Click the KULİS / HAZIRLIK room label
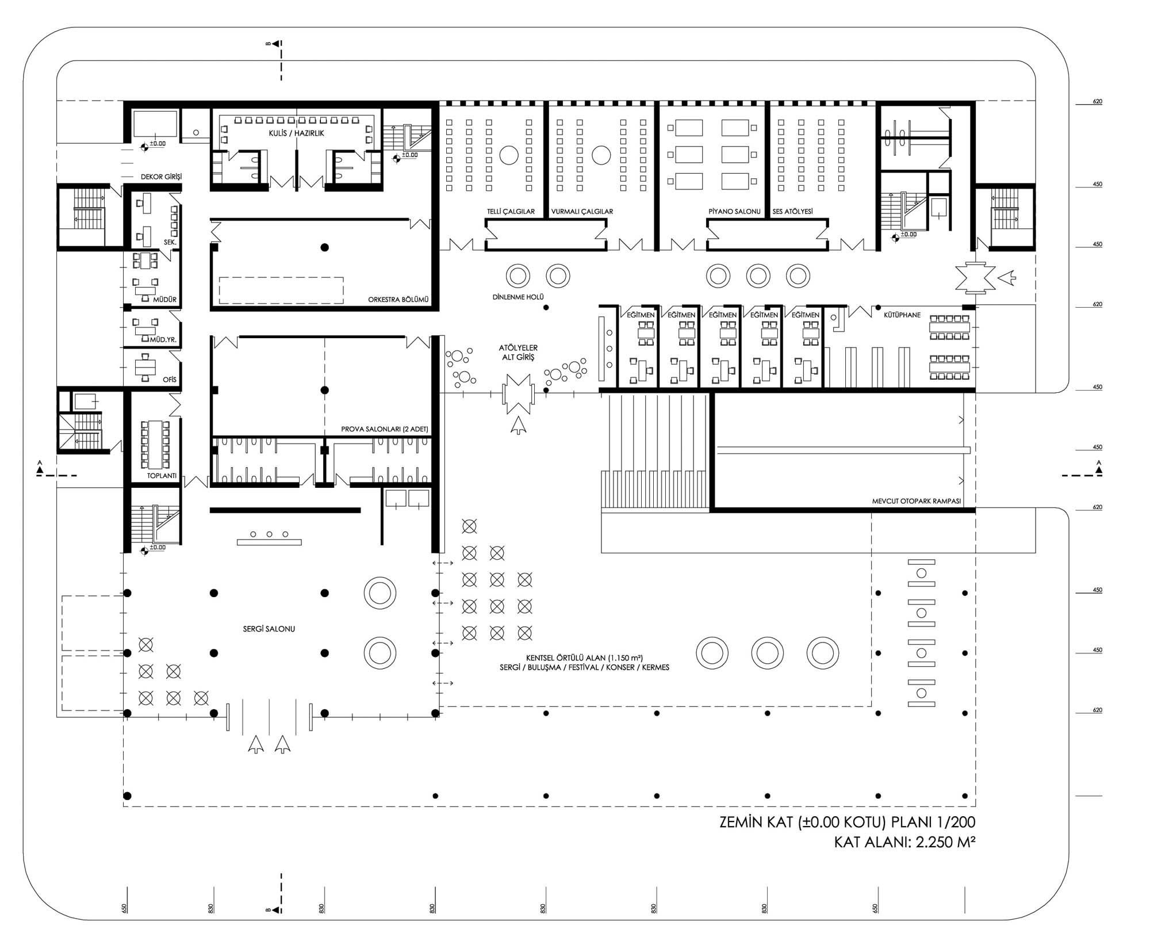coord(296,133)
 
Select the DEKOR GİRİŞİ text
coord(161,177)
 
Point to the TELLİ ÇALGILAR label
coord(511,212)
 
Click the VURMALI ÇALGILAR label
coord(582,212)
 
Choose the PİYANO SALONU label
coord(734,212)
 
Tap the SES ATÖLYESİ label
coord(792,212)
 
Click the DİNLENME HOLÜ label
coord(518,297)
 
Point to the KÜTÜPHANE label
coord(902,315)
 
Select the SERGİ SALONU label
coord(269,629)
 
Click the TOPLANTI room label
coord(162,476)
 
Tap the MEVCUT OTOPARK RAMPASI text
coord(916,502)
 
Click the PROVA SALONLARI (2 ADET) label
coord(385,430)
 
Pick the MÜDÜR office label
coord(165,300)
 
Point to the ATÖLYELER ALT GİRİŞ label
coord(518,353)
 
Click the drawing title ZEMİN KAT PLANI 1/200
coord(848,823)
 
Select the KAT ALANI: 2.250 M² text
coord(905,843)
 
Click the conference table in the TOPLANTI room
coord(155,444)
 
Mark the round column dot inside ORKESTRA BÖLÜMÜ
coord(324,247)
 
